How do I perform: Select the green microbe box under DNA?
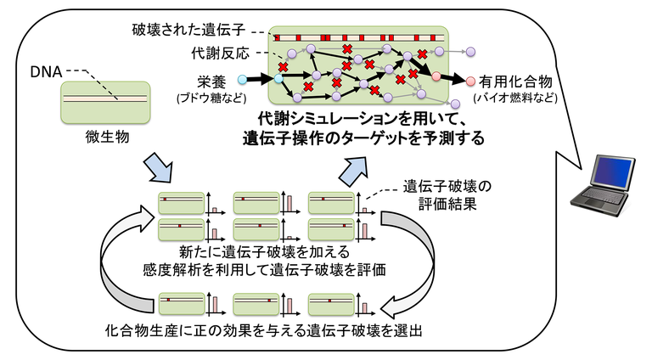coord(106,101)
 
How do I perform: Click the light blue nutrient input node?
coord(243,81)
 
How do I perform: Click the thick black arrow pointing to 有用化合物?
coord(454,80)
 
